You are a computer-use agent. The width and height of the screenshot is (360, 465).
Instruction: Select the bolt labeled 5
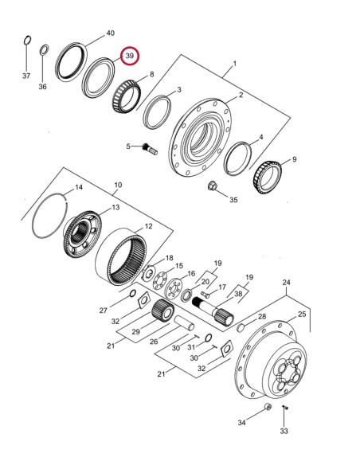pyautogui.click(x=149, y=147)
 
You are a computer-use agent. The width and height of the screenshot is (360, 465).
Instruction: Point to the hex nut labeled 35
pyautogui.click(x=213, y=188)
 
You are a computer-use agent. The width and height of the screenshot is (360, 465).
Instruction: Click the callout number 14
pyautogui.click(x=78, y=189)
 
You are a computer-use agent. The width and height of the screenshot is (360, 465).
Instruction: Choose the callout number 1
pyautogui.click(x=234, y=63)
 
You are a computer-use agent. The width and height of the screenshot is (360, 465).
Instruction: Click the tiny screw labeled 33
pyautogui.click(x=285, y=411)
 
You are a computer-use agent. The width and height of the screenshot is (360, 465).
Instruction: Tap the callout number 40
pyautogui.click(x=111, y=33)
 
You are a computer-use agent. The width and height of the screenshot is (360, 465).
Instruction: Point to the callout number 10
pyautogui.click(x=118, y=185)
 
